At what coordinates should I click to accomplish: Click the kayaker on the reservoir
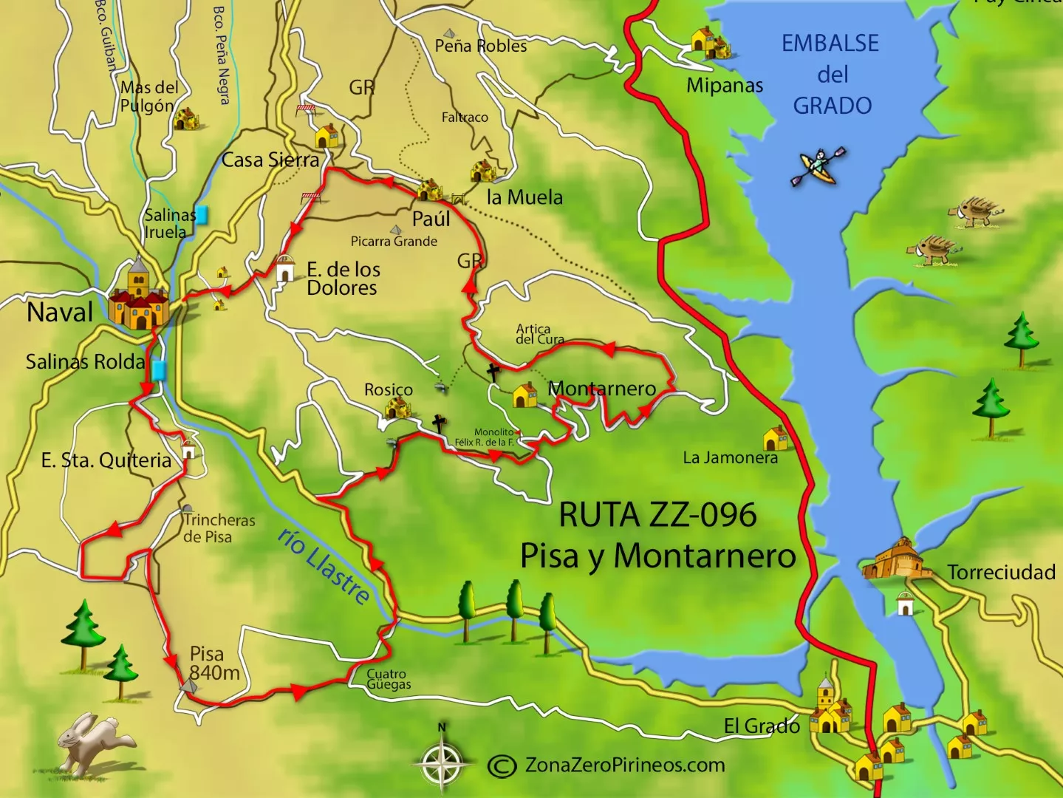(x=818, y=166)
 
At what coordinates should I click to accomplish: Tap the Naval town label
(x=60, y=313)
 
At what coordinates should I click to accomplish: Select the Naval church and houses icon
(x=138, y=297)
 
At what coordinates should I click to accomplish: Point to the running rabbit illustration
(x=93, y=742)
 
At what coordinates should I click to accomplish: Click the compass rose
(x=442, y=760)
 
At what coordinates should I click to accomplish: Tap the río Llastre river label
(x=324, y=566)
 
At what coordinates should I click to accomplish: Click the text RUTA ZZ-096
(x=657, y=515)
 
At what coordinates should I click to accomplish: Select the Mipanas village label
(x=724, y=86)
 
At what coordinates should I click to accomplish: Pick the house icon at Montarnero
(x=524, y=395)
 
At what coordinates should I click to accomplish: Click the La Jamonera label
(x=730, y=458)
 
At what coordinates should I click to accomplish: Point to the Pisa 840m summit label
(x=212, y=664)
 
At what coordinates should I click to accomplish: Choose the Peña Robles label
(x=480, y=46)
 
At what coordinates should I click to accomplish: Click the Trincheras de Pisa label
(x=219, y=528)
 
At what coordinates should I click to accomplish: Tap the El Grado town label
(x=761, y=726)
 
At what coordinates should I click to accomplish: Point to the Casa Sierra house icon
(x=326, y=137)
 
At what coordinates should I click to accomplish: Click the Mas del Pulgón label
(x=148, y=97)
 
